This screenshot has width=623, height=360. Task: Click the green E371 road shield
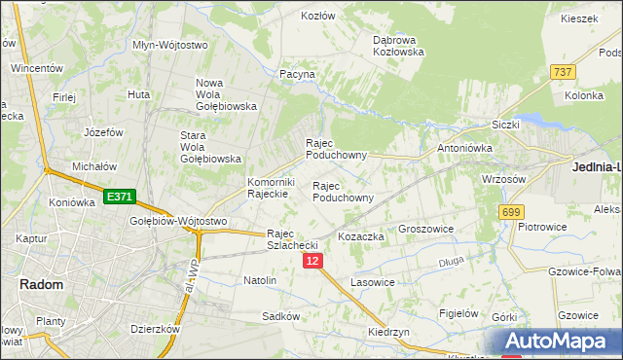click(121, 197)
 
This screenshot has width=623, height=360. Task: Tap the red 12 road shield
click(311, 261)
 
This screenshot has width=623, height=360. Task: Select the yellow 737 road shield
click(562, 72)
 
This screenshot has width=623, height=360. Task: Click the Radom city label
click(41, 284)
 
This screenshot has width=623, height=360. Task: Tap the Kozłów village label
click(317, 17)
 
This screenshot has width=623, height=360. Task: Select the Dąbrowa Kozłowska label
click(399, 46)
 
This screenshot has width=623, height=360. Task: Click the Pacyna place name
click(297, 74)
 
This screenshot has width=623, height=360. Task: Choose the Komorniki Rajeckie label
click(271, 188)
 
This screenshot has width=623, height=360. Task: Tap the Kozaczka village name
click(361, 236)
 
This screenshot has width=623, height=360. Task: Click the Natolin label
click(260, 280)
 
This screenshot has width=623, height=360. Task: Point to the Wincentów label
click(37, 69)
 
